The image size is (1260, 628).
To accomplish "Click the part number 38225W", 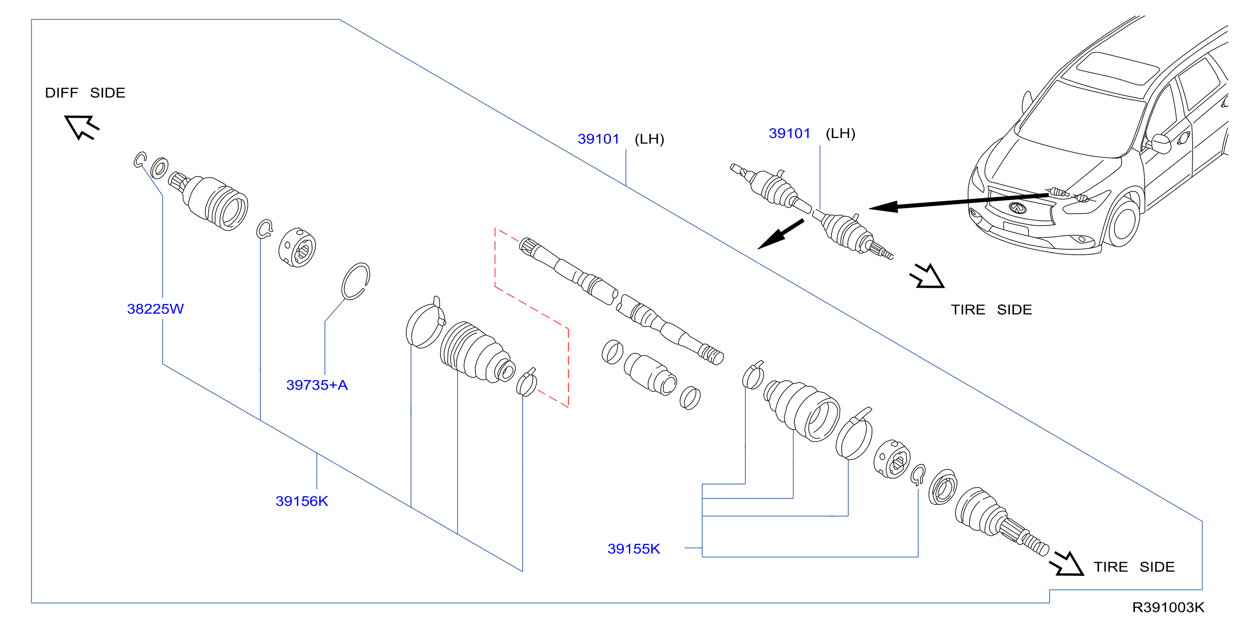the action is click(x=155, y=308).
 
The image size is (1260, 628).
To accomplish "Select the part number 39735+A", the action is click(x=317, y=385).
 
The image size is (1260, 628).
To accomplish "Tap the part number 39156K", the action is click(x=302, y=501).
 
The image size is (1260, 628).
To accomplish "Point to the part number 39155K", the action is click(x=634, y=549).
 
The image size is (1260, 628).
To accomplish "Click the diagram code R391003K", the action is click(x=1168, y=607).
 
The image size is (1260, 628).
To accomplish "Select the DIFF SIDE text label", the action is click(x=85, y=93).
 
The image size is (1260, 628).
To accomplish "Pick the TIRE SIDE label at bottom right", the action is click(x=1134, y=567).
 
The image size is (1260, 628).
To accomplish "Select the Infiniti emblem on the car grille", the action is click(x=1018, y=208).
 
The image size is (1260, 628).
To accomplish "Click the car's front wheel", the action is click(x=1124, y=223).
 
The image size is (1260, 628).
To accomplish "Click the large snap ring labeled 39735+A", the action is click(x=356, y=281).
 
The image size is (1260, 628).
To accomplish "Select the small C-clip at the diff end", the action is click(x=140, y=160).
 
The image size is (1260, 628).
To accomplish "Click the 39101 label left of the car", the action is click(x=789, y=134).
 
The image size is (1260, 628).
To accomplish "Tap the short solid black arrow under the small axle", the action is click(x=780, y=234).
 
